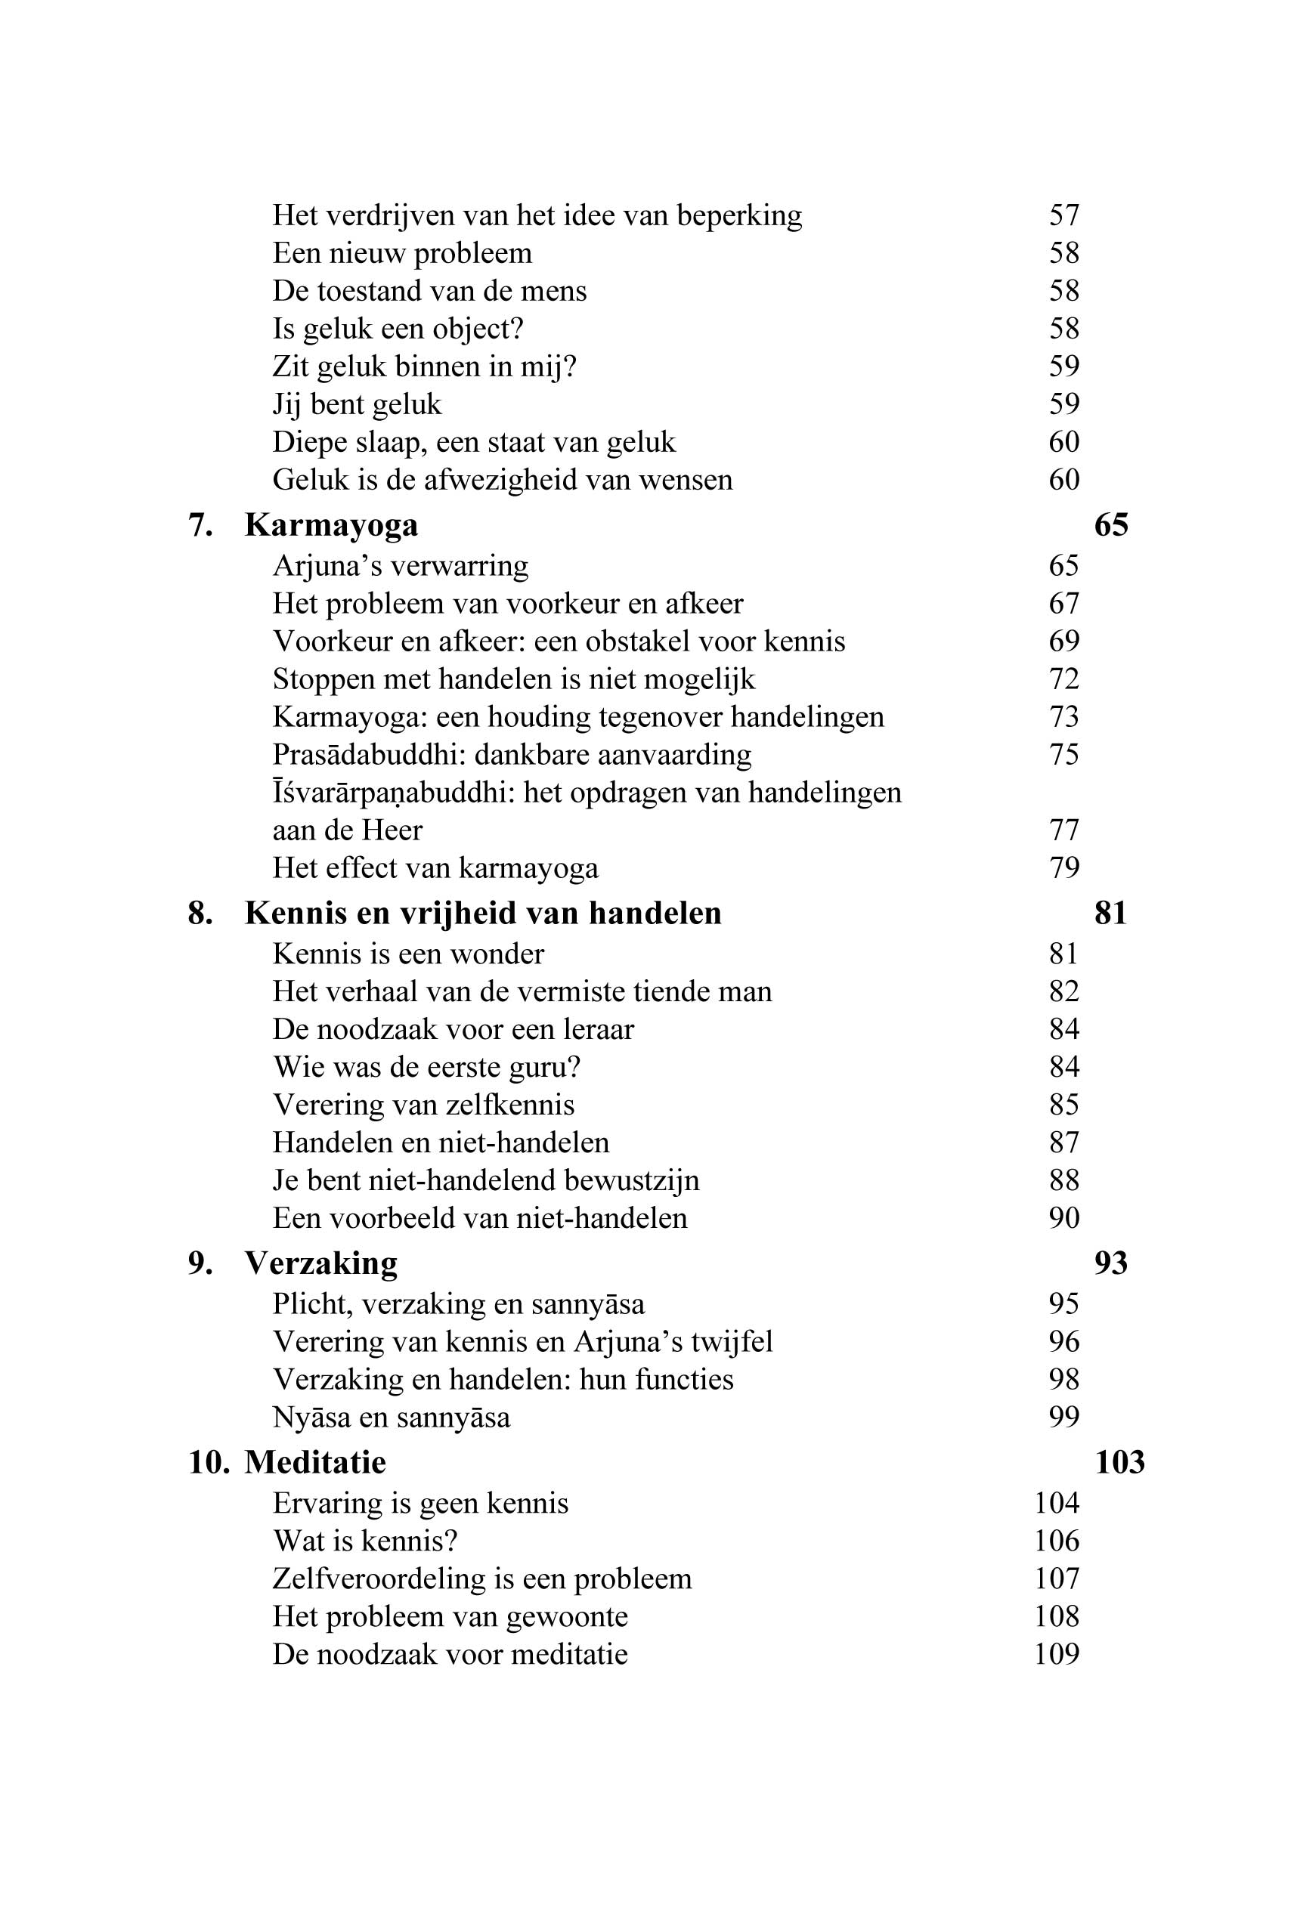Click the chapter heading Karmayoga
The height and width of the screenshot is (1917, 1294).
[331, 524]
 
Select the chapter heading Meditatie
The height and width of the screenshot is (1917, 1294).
[315, 1461]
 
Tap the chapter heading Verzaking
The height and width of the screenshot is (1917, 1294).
[321, 1263]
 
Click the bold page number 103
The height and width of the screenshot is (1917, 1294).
[1119, 1461]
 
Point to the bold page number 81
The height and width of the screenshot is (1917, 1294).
[1111, 913]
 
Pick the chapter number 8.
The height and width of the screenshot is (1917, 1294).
[200, 913]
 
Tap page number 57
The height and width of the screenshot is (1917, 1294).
[1063, 215]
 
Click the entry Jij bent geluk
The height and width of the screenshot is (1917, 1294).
[357, 404]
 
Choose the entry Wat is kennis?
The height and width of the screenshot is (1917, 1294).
[365, 1540]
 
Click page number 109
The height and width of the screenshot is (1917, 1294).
[1057, 1654]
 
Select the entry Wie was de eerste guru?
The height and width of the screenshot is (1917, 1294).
[426, 1068]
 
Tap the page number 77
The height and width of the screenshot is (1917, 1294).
[1063, 830]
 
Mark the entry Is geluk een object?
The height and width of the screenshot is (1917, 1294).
[398, 328]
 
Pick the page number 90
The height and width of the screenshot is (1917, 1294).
[1063, 1217]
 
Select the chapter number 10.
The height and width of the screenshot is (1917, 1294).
[208, 1461]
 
